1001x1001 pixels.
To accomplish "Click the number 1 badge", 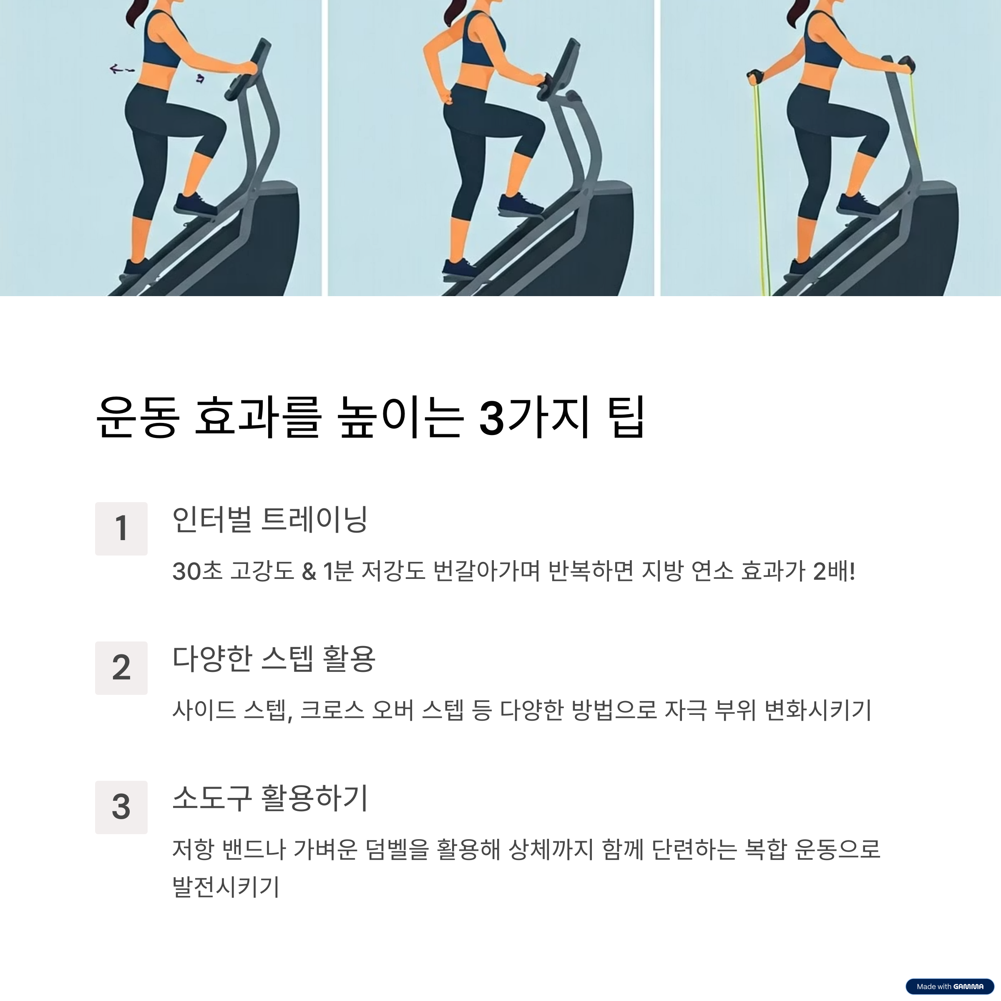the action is [x=121, y=528].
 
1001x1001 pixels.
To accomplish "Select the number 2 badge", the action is [x=121, y=668].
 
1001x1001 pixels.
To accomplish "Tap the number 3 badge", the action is [x=121, y=807].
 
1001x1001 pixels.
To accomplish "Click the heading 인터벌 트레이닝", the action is [x=270, y=519].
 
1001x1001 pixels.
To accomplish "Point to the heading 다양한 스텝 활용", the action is [x=274, y=659].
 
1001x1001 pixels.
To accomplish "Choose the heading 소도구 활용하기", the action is [x=270, y=798].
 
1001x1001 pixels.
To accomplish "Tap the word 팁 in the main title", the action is [x=626, y=418].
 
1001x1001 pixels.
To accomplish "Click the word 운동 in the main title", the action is [x=138, y=418].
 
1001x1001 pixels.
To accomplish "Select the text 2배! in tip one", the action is [x=834, y=571].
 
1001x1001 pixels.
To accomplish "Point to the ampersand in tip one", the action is [x=309, y=572].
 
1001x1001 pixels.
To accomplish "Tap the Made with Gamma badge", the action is [x=950, y=986].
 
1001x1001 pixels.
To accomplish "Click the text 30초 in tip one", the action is [x=197, y=571].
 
